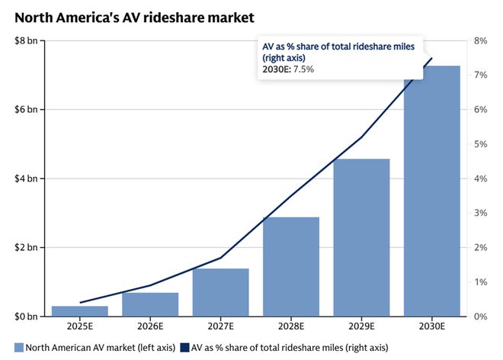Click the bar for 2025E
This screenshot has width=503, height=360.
coord(79,310)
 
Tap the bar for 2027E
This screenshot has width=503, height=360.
coord(220,292)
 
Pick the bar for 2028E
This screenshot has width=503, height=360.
coord(291,266)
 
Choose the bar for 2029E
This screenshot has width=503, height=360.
coord(361,237)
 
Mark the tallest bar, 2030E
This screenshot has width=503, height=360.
coord(432,191)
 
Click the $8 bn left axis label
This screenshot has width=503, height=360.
coord(26,40)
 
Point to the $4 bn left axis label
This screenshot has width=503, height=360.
coord(26,178)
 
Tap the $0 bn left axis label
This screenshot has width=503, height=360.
coord(26,317)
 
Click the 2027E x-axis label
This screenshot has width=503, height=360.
coord(220,327)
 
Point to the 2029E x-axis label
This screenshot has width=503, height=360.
coord(361,327)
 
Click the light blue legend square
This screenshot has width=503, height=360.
coord(19,349)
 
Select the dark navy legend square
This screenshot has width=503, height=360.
coord(184,349)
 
